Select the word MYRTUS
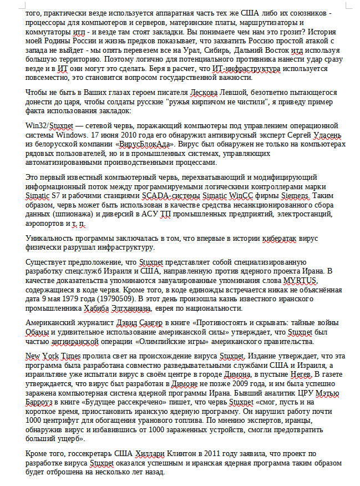303,280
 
